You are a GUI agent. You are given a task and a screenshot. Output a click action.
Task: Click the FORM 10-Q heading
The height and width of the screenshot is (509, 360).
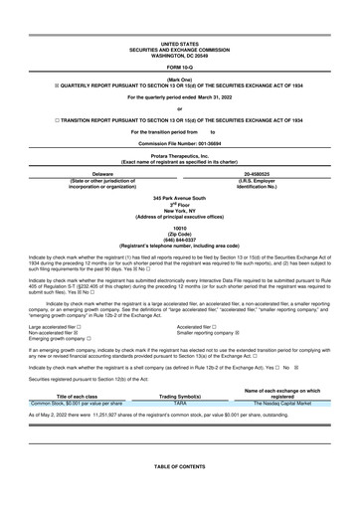(x=180, y=67)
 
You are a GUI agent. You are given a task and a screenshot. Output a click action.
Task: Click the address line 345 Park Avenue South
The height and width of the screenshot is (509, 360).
(x=180, y=198)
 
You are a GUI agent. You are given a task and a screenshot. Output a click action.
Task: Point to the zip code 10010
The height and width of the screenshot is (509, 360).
(x=180, y=228)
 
